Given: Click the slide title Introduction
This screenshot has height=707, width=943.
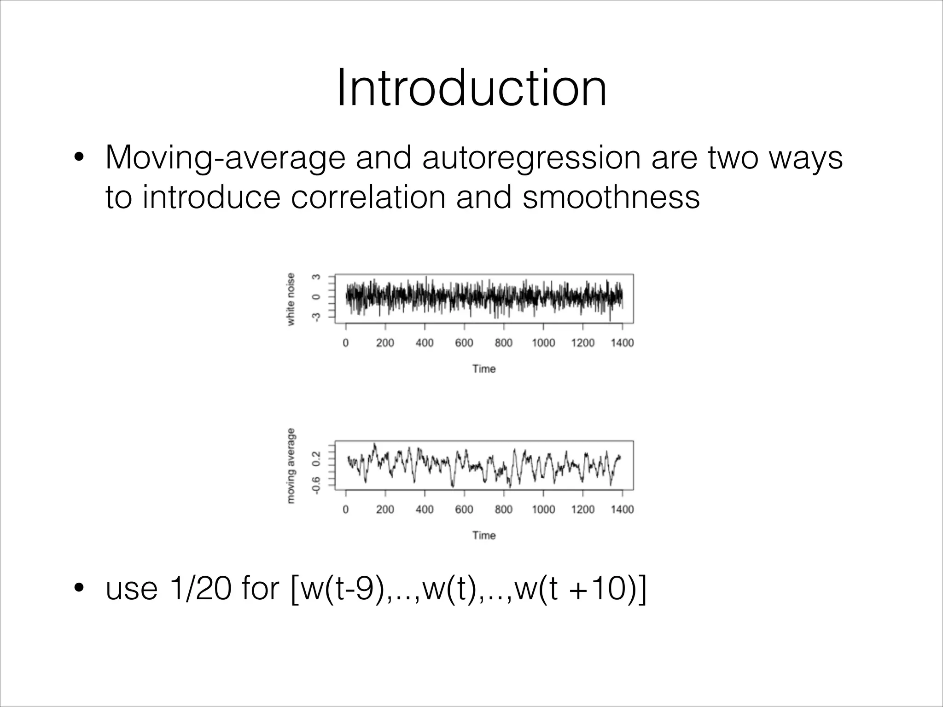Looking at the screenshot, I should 471,88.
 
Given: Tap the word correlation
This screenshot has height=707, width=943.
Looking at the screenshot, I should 368,197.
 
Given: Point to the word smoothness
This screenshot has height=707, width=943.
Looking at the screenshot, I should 611,197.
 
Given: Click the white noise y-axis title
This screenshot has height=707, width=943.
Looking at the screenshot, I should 291,299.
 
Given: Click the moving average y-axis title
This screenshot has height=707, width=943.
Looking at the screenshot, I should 291,466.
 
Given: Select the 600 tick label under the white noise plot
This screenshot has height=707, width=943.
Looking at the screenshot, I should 464,343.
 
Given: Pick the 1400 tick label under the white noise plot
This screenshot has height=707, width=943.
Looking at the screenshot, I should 622,343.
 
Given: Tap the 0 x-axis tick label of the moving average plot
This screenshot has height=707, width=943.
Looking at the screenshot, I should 346,510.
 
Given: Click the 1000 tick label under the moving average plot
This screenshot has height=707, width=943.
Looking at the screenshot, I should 543,510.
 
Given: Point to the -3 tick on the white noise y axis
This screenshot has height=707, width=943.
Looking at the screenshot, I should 316,317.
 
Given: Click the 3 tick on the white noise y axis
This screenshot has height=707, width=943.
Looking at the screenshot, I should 316,277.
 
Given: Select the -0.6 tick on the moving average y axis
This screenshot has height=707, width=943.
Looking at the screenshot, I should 316,485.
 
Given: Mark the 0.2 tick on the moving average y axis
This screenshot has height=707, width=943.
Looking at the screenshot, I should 316,458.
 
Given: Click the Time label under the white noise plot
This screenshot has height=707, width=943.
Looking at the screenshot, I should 484,369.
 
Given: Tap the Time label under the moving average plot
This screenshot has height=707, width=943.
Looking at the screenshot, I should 484,535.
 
